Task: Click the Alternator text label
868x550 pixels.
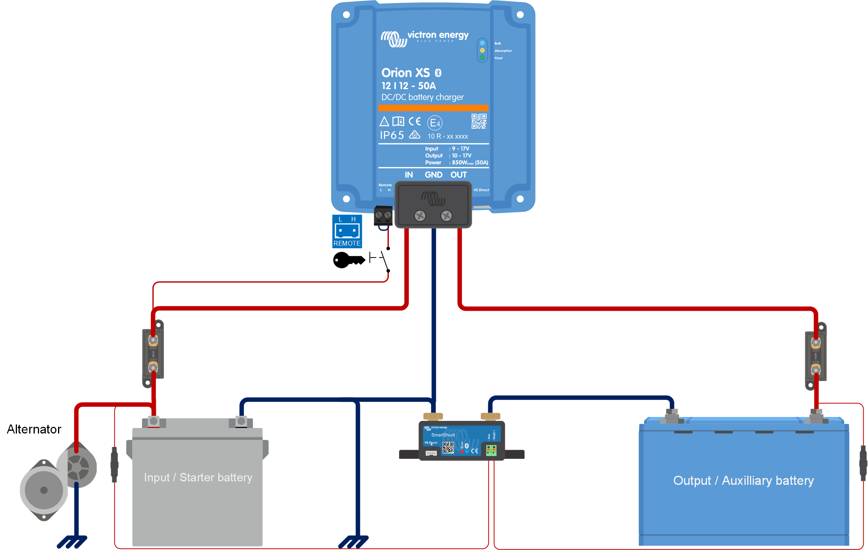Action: (34, 429)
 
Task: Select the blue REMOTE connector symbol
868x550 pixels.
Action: (347, 231)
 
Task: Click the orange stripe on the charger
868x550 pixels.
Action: (433, 108)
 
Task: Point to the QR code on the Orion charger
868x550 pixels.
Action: (479, 121)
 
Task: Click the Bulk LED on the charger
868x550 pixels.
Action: (482, 43)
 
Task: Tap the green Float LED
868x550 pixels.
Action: (482, 58)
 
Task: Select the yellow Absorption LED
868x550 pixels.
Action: (482, 50)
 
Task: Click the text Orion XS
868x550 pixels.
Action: (405, 73)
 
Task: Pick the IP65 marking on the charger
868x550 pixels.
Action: (392, 135)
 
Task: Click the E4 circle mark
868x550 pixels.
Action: (435, 123)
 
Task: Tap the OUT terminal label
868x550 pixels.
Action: (459, 175)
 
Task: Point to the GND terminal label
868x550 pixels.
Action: (433, 175)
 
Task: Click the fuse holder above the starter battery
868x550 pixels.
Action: (153, 354)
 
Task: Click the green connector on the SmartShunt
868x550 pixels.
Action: (491, 450)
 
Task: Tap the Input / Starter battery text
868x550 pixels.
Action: (198, 477)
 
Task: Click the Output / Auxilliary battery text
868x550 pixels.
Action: (743, 481)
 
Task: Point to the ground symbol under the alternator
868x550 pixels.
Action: (72, 542)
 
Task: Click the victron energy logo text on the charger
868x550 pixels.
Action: (438, 35)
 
